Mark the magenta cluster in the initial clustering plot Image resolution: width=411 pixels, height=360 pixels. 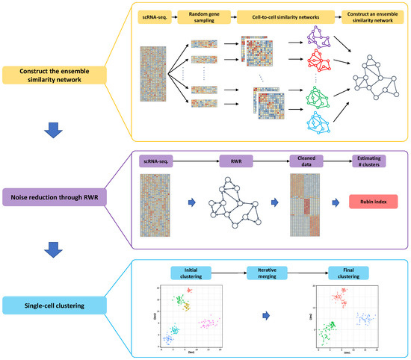click(x=208, y=323)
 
